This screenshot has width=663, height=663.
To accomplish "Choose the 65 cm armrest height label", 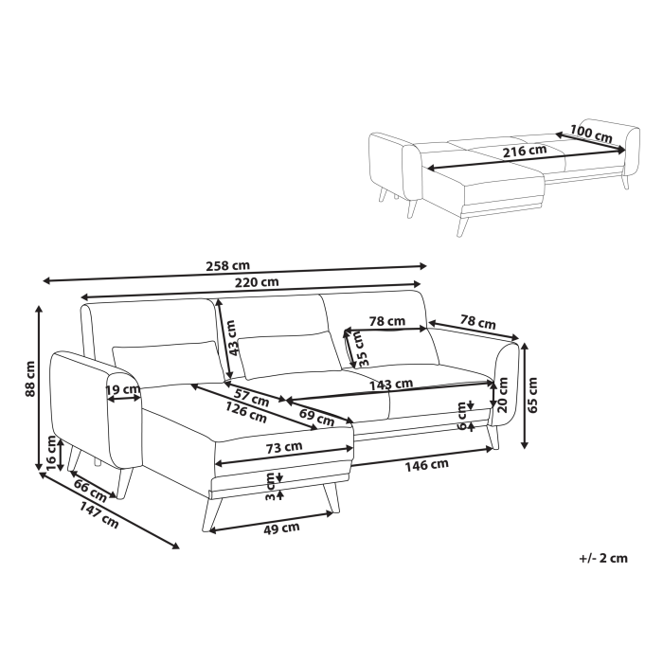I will tap(532, 391).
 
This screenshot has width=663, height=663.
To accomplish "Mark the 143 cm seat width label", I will tap(392, 384).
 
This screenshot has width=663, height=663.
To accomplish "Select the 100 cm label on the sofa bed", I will tap(591, 134).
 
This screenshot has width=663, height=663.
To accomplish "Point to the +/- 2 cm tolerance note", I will tap(602, 558).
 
